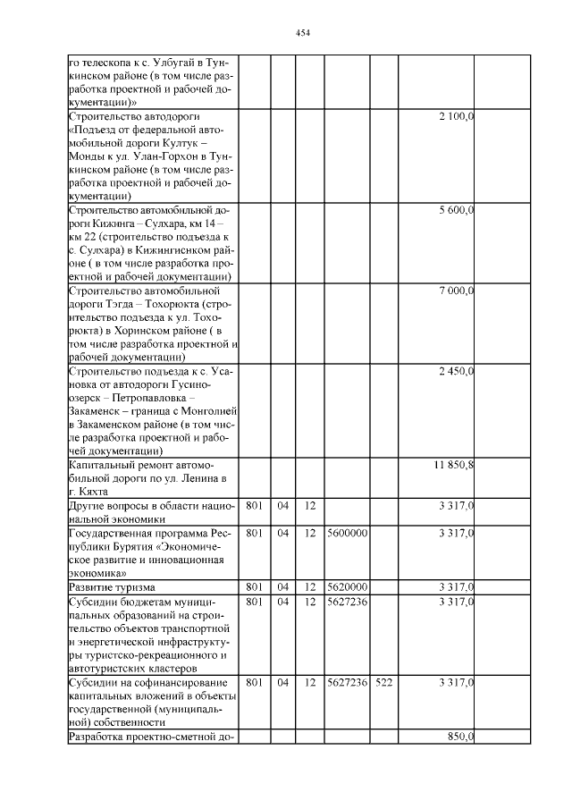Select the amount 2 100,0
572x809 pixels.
point(456,117)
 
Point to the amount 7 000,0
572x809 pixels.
point(456,291)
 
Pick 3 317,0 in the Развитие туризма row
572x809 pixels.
point(456,586)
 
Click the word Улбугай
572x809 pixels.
point(177,63)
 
